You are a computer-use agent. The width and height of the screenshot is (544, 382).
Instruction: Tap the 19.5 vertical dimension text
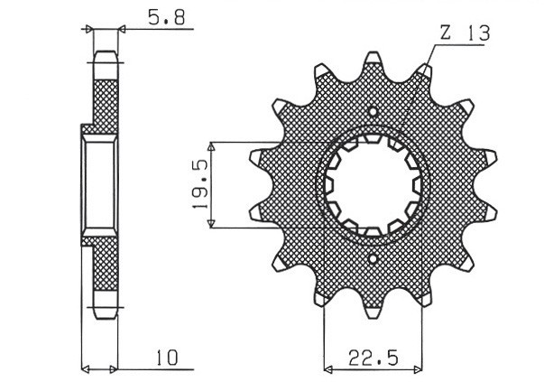[201, 185]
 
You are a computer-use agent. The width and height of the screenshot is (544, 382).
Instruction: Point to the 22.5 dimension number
[373, 358]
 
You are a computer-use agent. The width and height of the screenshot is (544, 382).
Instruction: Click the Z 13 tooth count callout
[465, 33]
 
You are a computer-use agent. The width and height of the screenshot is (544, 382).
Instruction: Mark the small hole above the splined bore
[373, 112]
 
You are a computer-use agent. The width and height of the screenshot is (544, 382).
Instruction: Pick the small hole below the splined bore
[373, 259]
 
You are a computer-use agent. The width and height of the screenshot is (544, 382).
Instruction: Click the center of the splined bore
[373, 185]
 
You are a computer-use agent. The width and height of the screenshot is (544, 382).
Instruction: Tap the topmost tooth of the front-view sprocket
[373, 61]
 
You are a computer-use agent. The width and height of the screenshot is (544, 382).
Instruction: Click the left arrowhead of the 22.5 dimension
[327, 368]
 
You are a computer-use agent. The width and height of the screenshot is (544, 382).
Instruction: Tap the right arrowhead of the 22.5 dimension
[420, 368]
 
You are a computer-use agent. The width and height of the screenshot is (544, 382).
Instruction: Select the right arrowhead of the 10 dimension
[115, 368]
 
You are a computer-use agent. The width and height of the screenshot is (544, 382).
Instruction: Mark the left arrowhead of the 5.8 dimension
[89, 29]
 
